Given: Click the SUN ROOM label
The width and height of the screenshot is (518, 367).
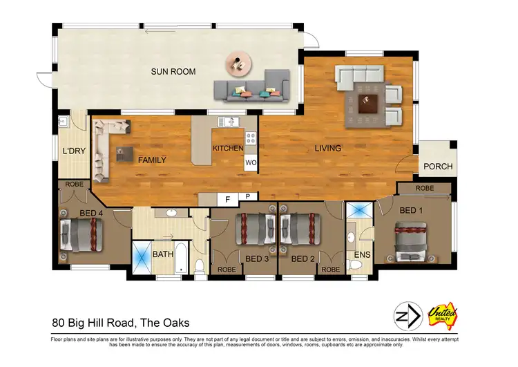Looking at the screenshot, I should click(173, 71).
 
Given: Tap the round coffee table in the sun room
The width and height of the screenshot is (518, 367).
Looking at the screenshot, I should click(238, 64).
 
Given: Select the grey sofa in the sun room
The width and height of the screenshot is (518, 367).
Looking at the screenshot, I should click(250, 88).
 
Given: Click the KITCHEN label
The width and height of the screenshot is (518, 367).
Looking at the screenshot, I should click(228, 149).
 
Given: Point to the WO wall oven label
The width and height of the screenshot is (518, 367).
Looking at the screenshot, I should click(251, 163).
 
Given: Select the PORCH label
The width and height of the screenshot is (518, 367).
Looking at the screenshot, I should click(438, 167).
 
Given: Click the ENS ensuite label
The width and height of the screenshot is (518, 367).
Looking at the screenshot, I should click(362, 255).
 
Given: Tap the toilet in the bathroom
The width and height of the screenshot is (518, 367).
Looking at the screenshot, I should click(199, 265).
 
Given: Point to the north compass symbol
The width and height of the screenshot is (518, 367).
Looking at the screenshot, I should click(407, 316).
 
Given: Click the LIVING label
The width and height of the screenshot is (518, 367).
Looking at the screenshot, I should click(328, 149).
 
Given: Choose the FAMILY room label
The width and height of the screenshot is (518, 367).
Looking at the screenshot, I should click(152, 160).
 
